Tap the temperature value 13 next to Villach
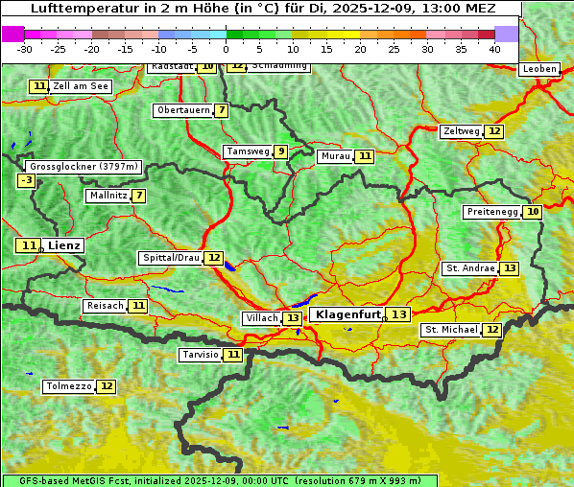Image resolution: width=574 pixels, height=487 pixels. [292, 318]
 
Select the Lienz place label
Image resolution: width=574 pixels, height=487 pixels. [64, 245]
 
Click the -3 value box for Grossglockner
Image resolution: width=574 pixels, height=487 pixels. [27, 180]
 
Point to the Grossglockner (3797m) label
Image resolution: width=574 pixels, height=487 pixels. [84, 166]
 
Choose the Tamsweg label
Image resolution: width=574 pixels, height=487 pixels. [248, 151]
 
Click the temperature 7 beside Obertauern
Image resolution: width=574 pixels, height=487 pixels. [222, 110]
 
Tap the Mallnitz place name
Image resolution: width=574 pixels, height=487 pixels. [108, 196]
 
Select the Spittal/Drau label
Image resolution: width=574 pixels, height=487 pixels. [171, 258]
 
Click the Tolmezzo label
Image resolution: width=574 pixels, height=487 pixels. [68, 386]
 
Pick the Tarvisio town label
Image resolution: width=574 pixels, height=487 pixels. [201, 355]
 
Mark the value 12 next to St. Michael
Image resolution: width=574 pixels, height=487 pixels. [491, 330]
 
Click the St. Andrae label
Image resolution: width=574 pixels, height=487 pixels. [470, 268]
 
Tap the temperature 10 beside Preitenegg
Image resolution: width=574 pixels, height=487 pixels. [532, 212]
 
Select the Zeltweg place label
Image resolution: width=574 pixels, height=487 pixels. [461, 131]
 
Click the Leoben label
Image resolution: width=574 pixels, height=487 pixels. [538, 69]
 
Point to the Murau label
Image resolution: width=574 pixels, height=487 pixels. [335, 156]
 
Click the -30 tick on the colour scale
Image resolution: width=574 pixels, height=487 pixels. [25, 49]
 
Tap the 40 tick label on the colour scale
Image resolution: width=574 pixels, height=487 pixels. [494, 49]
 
